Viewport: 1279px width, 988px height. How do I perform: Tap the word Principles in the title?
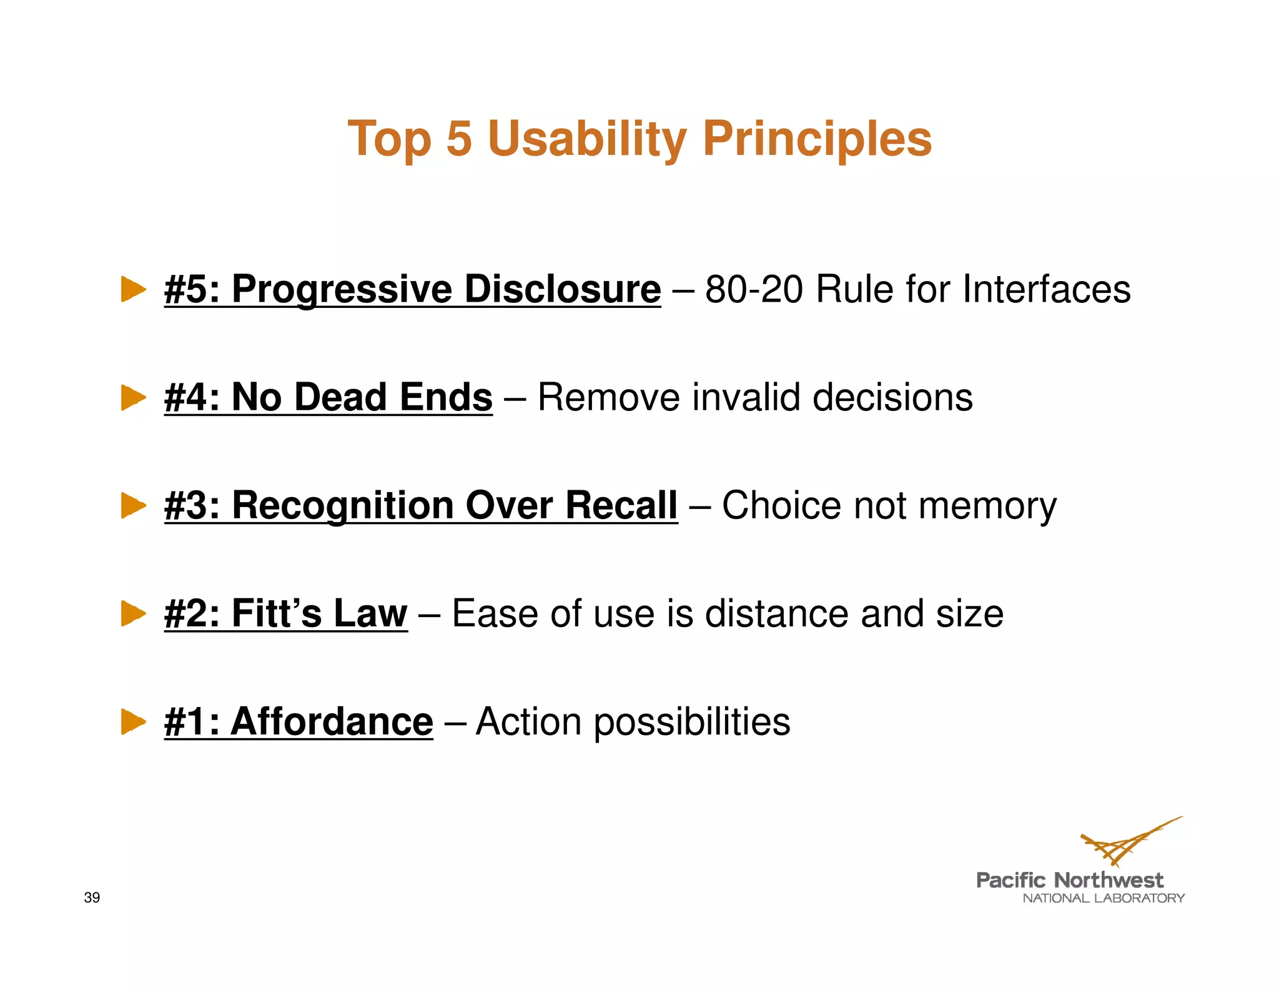(817, 138)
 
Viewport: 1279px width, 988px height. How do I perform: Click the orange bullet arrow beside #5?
(133, 289)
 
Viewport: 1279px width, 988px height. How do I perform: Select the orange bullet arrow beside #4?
(133, 397)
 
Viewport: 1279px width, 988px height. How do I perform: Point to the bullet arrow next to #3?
(133, 505)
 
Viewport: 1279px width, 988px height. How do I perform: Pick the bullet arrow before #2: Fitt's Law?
(133, 613)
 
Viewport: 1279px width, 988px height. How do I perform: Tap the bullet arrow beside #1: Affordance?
(133, 721)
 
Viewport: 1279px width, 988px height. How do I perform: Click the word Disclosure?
(562, 289)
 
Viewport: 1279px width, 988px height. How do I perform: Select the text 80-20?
(754, 289)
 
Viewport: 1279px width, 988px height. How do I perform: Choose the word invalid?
(746, 397)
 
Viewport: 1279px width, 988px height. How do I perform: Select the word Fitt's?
(277, 613)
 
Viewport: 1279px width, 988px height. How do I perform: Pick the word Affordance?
(332, 721)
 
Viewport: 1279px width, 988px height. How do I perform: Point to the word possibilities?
(691, 723)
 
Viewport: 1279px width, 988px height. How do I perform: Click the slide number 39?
(92, 897)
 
